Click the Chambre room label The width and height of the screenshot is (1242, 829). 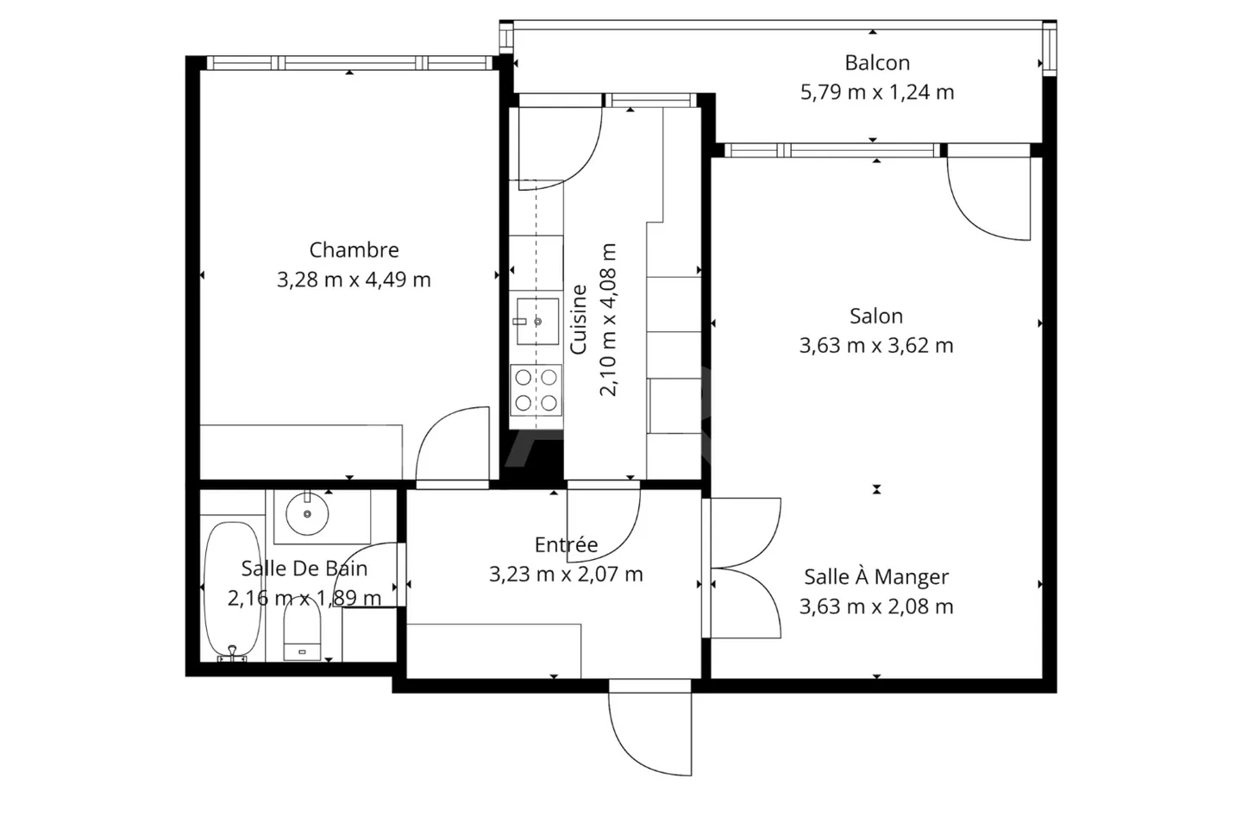(354, 250)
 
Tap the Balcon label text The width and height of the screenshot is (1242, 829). (877, 63)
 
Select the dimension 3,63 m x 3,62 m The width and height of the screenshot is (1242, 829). (876, 345)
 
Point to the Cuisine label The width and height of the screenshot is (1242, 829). (578, 319)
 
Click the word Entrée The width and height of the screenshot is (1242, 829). (566, 544)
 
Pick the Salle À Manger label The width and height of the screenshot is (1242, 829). (876, 577)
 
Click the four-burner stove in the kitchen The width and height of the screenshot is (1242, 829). (536, 390)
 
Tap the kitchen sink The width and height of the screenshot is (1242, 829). (537, 322)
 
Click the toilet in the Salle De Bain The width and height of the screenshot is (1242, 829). (302, 631)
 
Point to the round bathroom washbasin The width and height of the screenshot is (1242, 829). (307, 513)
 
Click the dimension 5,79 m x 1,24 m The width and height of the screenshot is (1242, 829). (877, 92)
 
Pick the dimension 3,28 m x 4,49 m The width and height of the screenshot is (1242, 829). (354, 279)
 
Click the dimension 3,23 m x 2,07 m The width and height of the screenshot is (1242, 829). (566, 574)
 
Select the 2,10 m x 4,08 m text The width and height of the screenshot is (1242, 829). (608, 319)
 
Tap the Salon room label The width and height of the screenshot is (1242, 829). (876, 316)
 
